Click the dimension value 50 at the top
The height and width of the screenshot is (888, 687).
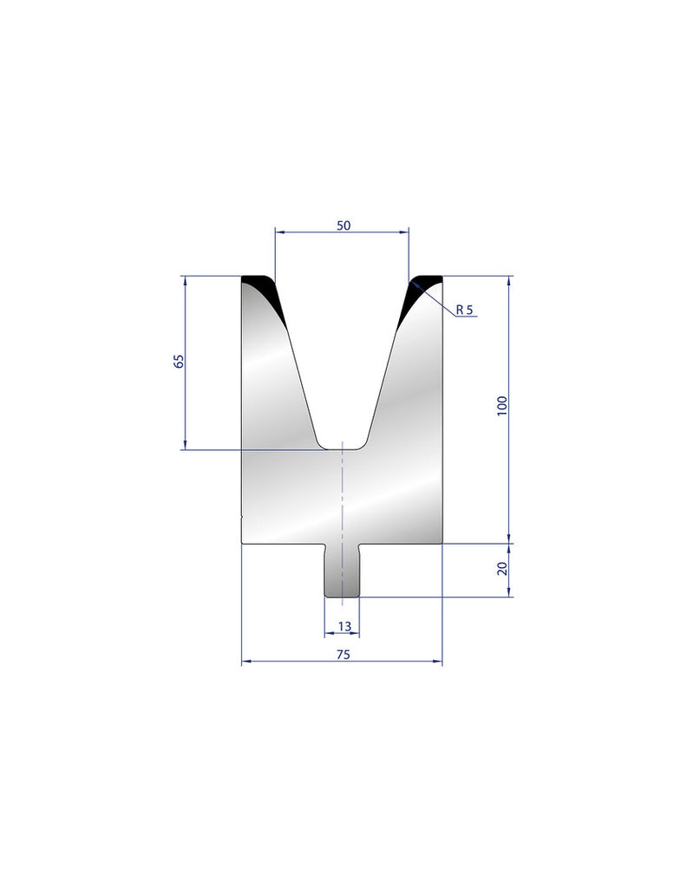click(343, 225)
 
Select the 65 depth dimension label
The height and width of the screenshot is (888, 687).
click(179, 362)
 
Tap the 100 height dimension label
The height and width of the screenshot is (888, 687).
click(502, 407)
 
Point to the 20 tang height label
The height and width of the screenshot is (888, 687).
click(502, 570)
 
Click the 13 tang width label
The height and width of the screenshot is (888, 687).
click(343, 626)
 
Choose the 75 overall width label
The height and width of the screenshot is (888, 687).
click(343, 656)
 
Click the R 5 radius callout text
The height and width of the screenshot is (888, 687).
click(464, 310)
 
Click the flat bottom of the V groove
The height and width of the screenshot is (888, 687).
click(343, 447)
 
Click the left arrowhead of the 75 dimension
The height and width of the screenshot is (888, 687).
click(244, 662)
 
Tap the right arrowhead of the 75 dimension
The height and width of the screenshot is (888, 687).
click(438, 662)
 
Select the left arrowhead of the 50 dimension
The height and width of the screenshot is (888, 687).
click(278, 232)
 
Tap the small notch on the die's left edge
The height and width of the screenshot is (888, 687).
click(240, 518)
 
